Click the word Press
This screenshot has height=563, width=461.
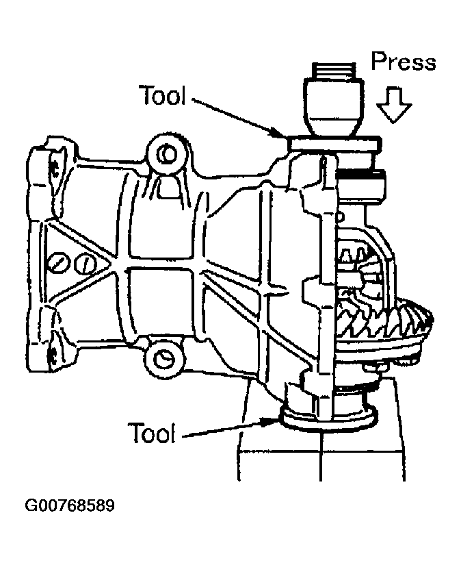click(x=403, y=62)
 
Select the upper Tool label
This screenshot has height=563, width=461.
click(x=162, y=96)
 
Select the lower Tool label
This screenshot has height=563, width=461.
click(x=151, y=432)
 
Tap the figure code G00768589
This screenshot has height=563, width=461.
click(x=70, y=507)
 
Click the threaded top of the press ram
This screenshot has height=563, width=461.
click(x=333, y=71)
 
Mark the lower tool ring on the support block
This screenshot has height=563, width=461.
click(x=328, y=418)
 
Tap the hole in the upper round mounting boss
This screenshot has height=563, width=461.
click(x=165, y=155)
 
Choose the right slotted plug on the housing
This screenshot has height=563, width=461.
click(x=83, y=263)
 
